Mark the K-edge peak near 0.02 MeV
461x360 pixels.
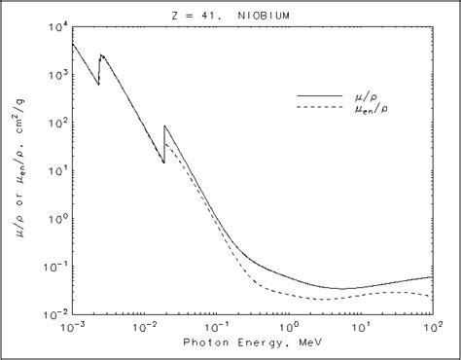pyautogui.click(x=165, y=126)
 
